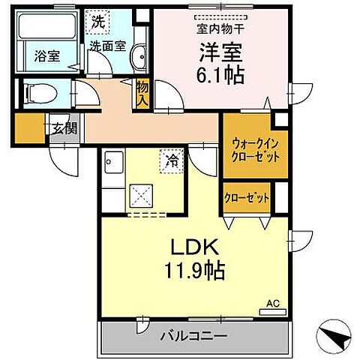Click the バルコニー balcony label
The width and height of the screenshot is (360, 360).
193,337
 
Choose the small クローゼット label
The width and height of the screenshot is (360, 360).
247,197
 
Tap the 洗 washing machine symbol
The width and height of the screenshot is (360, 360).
98,22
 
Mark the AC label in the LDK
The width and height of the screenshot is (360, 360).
273,304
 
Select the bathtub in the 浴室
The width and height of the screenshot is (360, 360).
43,30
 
